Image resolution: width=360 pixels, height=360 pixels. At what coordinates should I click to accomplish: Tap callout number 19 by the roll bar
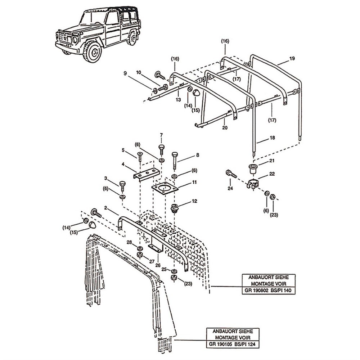coord(292,58)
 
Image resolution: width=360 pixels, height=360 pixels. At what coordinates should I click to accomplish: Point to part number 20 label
coord(224,127)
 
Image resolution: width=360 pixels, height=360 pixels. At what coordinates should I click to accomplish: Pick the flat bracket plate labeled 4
coord(147,174)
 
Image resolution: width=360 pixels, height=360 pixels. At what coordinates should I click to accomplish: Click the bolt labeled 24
coord(231,174)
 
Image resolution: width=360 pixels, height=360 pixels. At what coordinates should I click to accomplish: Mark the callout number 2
coord(106,208)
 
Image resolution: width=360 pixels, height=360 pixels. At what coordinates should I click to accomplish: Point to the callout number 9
coord(125,73)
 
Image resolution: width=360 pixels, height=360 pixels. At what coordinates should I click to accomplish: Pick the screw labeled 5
coord(140,156)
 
